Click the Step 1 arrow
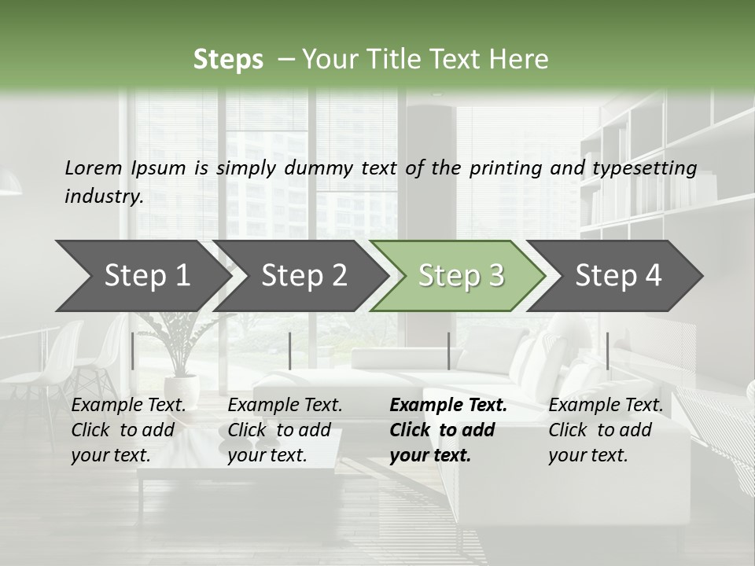(142, 276)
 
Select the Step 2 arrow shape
(303, 276)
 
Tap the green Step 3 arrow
(460, 276)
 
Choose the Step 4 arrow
(617, 276)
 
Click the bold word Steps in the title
(228, 59)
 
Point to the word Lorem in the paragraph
(93, 167)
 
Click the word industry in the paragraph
(104, 196)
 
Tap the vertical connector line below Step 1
(133, 351)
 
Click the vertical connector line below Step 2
(290, 351)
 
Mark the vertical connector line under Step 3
(448, 351)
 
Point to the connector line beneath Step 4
(607, 351)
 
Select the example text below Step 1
(128, 430)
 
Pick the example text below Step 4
(606, 430)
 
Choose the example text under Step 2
(285, 430)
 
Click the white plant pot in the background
(182, 389)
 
